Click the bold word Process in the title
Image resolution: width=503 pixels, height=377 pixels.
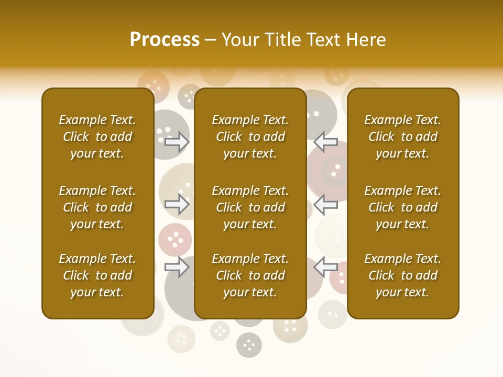[x=165, y=39]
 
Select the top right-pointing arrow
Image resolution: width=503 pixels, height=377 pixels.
[x=177, y=142]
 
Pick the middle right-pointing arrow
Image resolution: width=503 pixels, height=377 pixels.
[x=177, y=204]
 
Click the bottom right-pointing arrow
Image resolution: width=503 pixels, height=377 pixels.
[x=177, y=267]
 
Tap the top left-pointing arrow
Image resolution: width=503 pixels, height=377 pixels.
[x=325, y=142]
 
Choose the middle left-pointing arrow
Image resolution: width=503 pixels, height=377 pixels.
[x=325, y=204]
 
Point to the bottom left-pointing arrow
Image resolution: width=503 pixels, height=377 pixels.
[x=325, y=267]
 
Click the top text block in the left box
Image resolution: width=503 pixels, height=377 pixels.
[x=97, y=137]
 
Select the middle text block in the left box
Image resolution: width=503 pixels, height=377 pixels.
[x=97, y=207]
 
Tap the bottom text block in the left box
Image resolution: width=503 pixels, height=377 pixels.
[x=97, y=275]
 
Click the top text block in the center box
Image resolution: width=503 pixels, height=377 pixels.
[x=250, y=137]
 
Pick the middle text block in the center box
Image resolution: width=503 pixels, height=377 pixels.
[x=250, y=207]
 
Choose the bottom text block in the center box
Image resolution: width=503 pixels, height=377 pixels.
[x=250, y=275]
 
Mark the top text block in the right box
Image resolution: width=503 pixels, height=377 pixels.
[x=402, y=137]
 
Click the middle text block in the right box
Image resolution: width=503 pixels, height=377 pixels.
[x=402, y=207]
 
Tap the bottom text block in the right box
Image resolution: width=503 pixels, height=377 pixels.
[x=402, y=275]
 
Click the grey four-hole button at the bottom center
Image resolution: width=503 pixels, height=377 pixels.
[x=249, y=345]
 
